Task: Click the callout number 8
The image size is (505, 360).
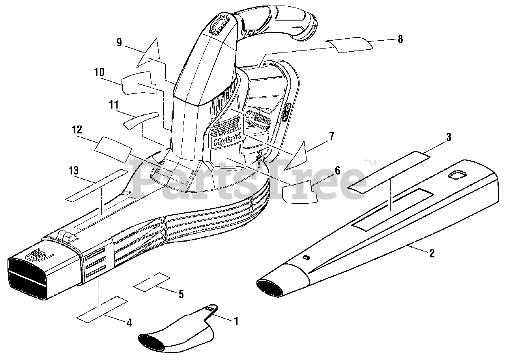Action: point(400,39)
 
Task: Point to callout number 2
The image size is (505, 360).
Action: point(432,253)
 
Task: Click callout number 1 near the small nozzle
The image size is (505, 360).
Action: point(236,321)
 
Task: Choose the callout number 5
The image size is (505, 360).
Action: point(181,294)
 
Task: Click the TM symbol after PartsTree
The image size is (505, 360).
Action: point(369,162)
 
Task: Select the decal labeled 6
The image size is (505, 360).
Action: point(300,191)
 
